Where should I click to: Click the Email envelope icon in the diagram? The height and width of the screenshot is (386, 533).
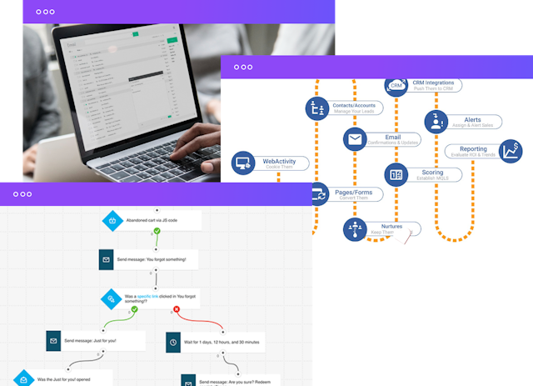click(x=356, y=139)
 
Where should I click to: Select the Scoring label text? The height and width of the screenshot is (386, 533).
click(x=427, y=171)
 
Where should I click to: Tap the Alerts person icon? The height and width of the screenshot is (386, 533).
click(x=436, y=122)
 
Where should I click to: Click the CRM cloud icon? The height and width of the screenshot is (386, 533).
click(x=396, y=85)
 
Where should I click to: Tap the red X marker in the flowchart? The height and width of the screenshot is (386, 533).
click(x=177, y=310)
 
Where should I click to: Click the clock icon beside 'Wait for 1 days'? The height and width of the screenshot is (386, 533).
click(x=172, y=341)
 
